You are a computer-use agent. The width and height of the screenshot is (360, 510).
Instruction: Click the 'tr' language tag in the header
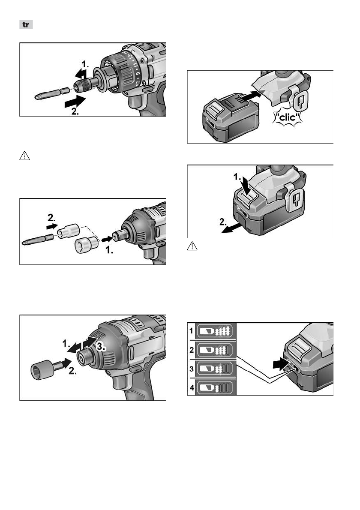point(26,25)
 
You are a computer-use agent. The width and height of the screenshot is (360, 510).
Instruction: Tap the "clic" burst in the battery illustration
point(287,117)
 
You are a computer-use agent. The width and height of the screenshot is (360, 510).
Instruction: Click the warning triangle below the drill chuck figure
point(25,156)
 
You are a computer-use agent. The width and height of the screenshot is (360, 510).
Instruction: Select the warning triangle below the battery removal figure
point(192,246)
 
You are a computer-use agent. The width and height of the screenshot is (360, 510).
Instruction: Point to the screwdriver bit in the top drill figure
point(52,93)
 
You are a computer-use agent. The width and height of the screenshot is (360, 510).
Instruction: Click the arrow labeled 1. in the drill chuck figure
point(81,74)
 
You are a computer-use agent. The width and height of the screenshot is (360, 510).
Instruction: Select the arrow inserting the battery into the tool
point(252,96)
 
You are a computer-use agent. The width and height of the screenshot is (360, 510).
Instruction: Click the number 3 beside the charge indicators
point(192,369)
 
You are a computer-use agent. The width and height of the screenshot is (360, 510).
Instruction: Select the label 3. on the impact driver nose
point(101,346)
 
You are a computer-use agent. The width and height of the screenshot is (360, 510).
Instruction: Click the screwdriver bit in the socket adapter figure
point(38,240)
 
